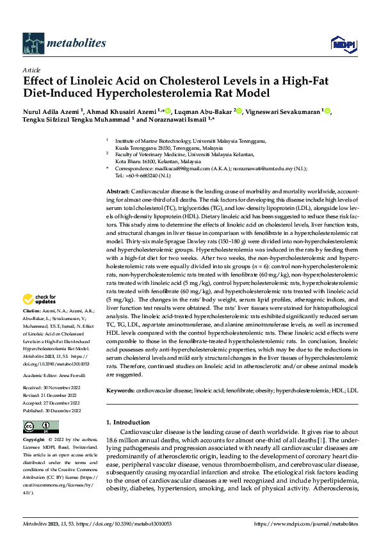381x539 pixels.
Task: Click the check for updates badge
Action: click(x=40, y=299)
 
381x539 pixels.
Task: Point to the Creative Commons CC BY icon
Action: click(x=40, y=427)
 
